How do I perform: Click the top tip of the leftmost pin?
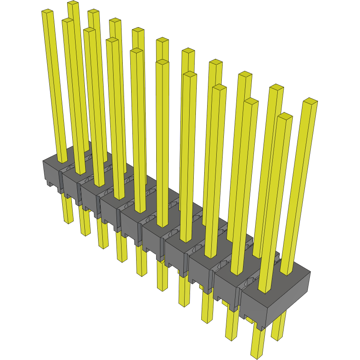[x=47, y=12]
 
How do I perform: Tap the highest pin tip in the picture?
[x=73, y=3]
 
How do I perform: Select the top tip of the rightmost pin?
[x=310, y=101]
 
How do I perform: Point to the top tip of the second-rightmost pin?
[x=285, y=116]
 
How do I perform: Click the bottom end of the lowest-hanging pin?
[x=258, y=356]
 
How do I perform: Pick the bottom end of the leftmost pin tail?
[x=68, y=222]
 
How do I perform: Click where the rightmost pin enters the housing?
[x=286, y=273]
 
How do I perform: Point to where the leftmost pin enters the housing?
[x=62, y=161]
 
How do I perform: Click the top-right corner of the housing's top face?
[x=311, y=272]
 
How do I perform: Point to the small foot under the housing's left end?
[x=50, y=183]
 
